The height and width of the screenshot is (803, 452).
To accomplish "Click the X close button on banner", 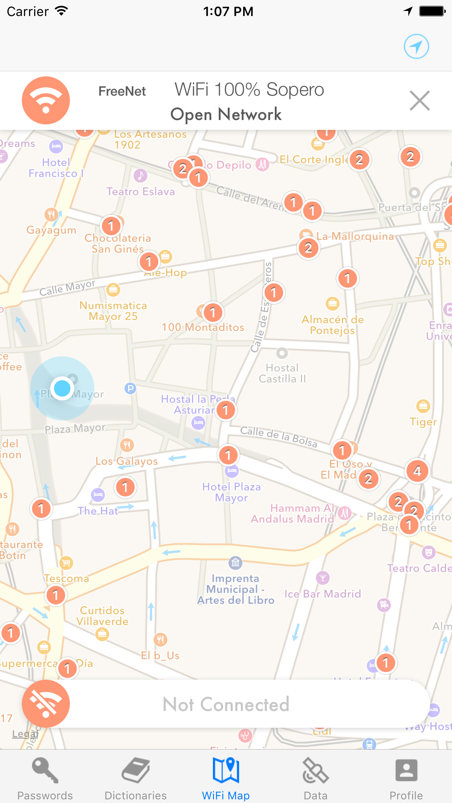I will (x=420, y=101).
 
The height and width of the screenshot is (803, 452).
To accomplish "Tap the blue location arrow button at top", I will (x=416, y=47).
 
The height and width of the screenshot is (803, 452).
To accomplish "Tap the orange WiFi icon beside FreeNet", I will (x=46, y=100).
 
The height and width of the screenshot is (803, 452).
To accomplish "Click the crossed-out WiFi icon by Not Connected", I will (x=46, y=704).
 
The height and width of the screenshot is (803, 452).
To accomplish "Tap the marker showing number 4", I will (x=417, y=471).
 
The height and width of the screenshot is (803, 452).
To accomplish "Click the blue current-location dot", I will (x=62, y=388).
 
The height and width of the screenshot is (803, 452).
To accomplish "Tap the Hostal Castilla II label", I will (x=282, y=373).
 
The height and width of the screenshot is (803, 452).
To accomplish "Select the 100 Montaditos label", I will (x=203, y=327).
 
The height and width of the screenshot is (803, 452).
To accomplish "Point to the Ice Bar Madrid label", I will (x=323, y=594).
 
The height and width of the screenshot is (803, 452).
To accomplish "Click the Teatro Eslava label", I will (x=140, y=192).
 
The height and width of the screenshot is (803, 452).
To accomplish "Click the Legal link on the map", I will (x=25, y=734).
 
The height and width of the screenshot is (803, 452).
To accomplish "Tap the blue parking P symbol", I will (x=130, y=388).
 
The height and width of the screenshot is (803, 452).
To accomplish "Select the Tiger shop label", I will (x=423, y=422).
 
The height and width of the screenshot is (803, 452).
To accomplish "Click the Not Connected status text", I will (x=226, y=704).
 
